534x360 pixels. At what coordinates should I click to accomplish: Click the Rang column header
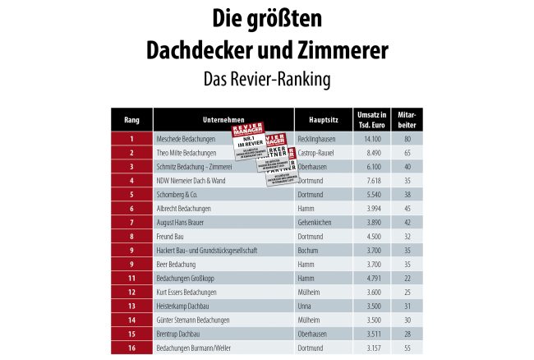click(131, 119)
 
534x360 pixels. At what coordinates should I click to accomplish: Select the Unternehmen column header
click(223, 119)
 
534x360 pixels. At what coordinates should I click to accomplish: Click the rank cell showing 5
click(131, 194)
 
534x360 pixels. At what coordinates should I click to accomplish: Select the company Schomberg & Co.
click(177, 194)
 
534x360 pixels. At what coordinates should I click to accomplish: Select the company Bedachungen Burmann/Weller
click(194, 348)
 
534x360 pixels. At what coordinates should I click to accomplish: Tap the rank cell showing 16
click(131, 348)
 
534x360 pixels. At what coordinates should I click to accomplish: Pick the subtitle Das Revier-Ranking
click(266, 80)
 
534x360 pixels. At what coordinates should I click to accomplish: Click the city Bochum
click(308, 250)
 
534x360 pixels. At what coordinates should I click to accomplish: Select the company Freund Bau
click(170, 236)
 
